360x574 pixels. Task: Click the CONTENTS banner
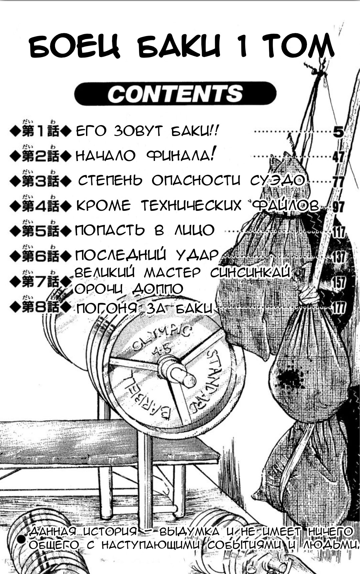coord(175,94)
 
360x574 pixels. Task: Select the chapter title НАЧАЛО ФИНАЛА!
coord(145,155)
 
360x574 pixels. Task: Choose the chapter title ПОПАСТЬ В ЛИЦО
coord(145,230)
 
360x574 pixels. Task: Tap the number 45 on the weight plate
coord(162,350)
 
